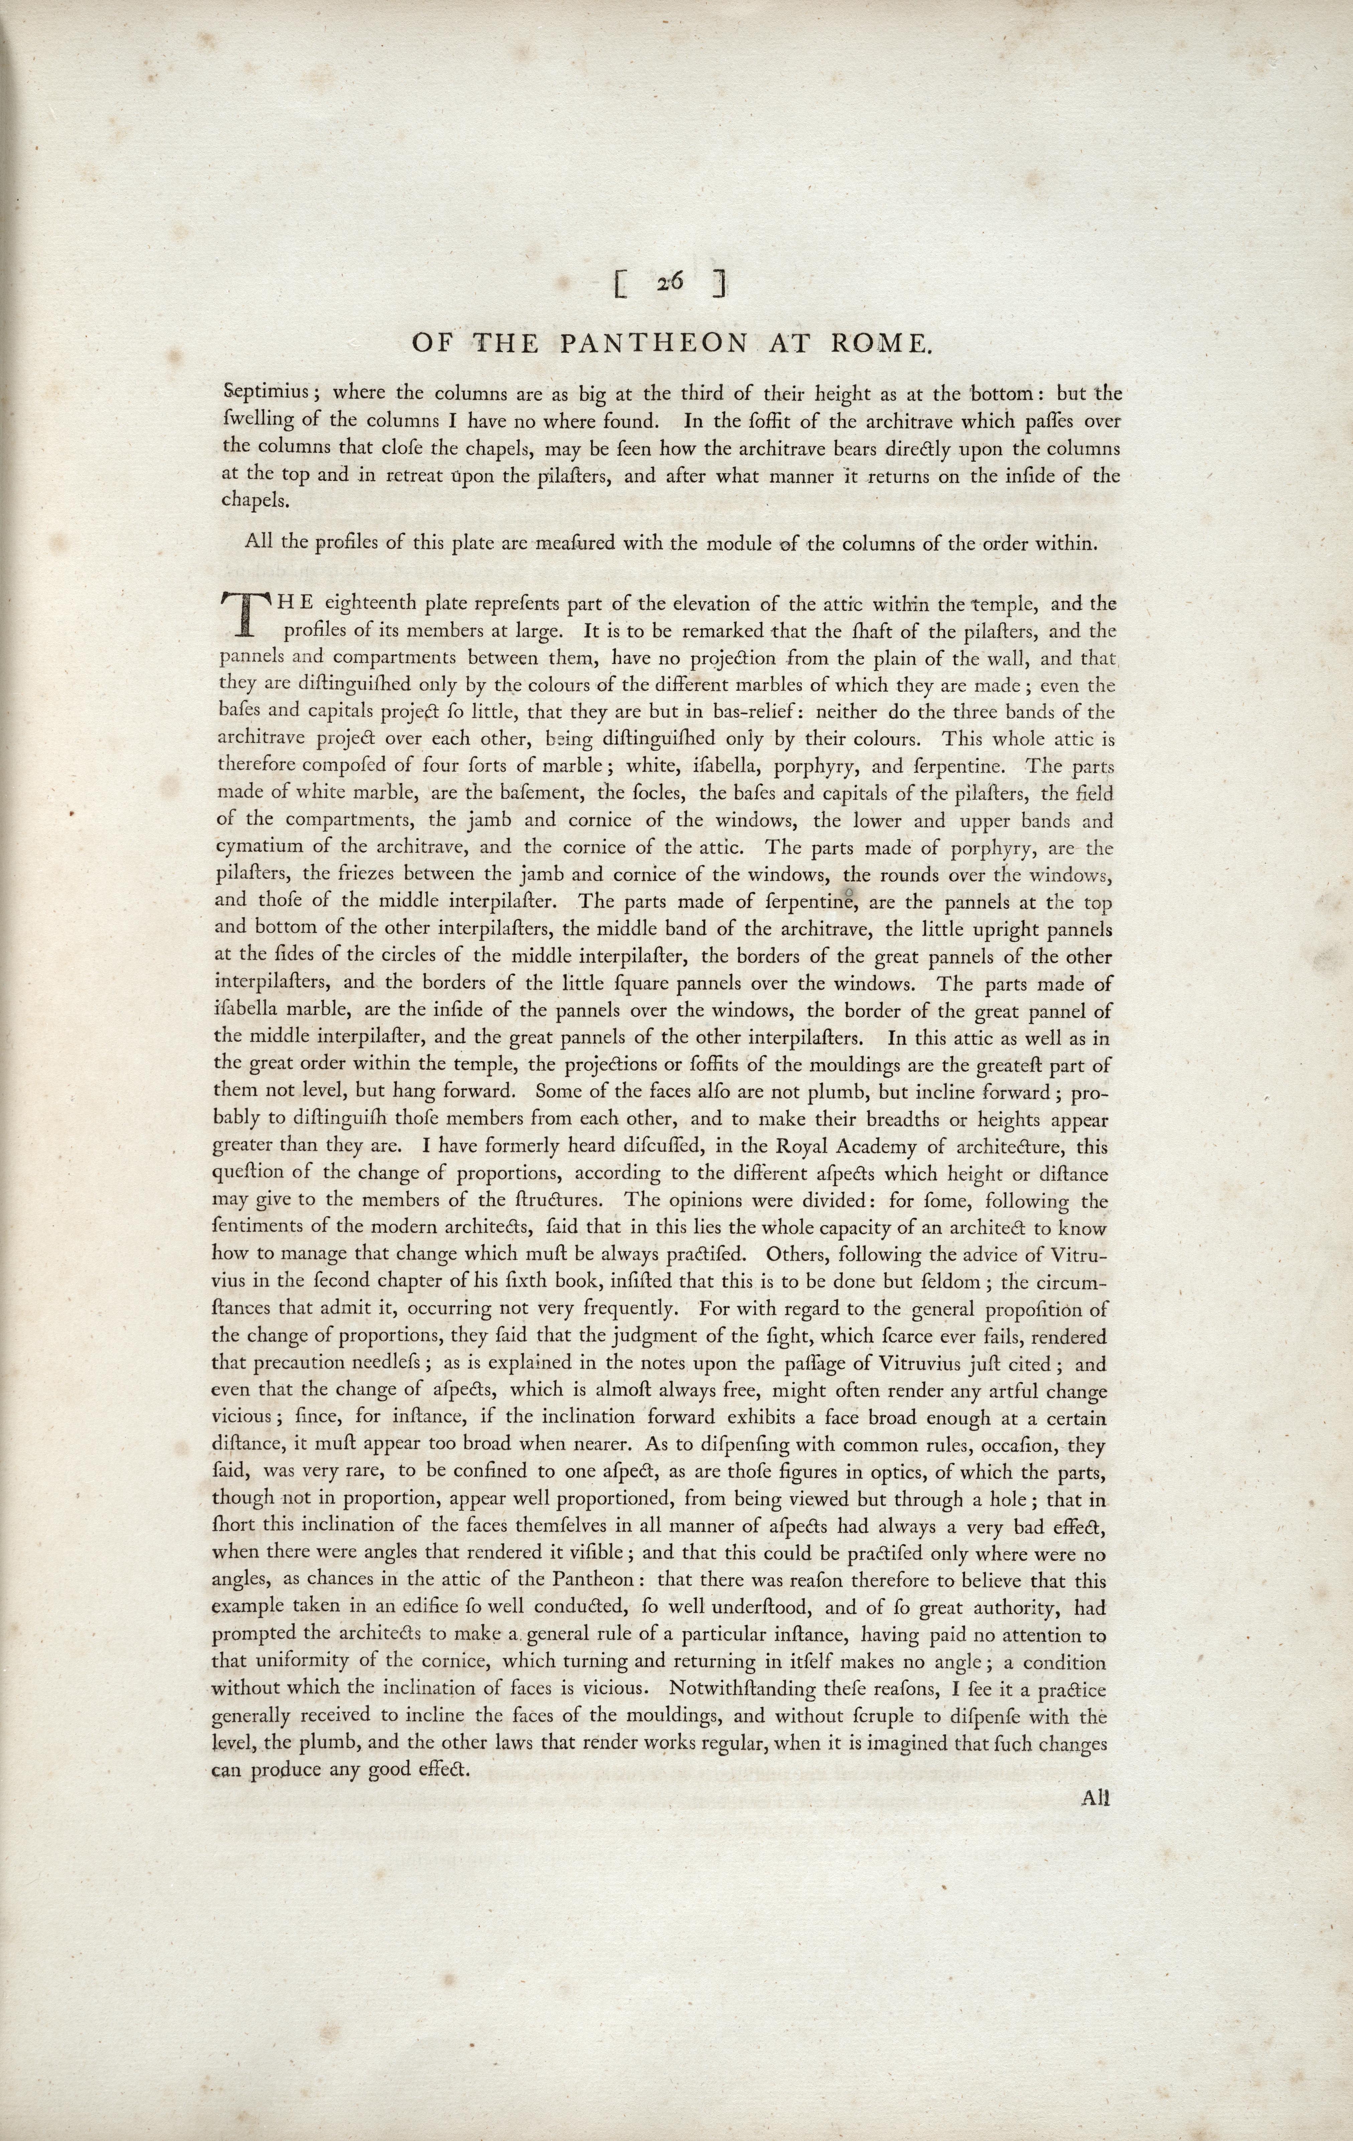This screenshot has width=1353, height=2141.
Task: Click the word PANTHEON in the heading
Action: (653, 344)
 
